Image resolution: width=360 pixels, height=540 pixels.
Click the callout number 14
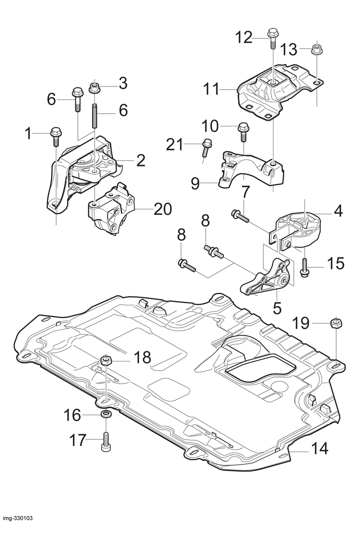(x=320, y=449)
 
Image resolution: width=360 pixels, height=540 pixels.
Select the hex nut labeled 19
(x=336, y=324)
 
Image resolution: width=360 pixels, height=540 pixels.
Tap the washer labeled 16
(x=106, y=413)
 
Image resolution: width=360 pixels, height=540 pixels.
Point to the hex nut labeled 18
(x=106, y=361)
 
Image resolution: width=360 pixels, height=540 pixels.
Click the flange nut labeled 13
(x=316, y=49)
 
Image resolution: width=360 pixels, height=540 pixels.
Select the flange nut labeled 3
(x=94, y=87)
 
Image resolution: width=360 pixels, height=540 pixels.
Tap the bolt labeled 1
(x=56, y=137)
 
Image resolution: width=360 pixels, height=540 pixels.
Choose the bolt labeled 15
(x=304, y=266)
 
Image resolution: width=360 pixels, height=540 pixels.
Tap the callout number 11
(x=211, y=89)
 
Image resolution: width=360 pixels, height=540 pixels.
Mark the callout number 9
(x=195, y=184)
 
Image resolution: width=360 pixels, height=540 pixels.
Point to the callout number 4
(x=339, y=211)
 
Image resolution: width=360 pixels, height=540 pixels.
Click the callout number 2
(x=141, y=160)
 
